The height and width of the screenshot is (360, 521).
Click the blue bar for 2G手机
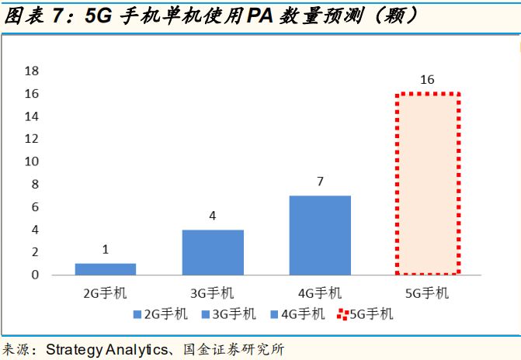pos(106,269)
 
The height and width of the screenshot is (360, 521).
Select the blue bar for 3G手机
pos(213,252)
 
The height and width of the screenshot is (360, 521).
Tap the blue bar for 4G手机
pos(320,235)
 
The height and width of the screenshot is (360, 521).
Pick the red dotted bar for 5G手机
pos(427,184)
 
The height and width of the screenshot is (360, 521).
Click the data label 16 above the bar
pos(427,80)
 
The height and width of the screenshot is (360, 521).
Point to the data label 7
pos(320,182)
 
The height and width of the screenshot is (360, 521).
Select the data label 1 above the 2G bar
pos(106,250)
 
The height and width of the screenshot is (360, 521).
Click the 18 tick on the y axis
pos(32,71)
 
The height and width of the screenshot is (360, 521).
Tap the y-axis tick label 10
pos(32,161)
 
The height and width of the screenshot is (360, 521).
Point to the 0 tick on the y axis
pos(35,275)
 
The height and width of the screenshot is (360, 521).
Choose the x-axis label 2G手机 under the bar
pos(106,293)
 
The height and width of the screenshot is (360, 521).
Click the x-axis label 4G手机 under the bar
pos(320,293)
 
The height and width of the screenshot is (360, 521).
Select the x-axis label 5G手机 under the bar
pos(427,293)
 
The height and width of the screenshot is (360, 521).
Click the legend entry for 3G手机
pos(229,314)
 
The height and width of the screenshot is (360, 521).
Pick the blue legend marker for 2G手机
pos(137,314)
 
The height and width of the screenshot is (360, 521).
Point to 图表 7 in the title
pos(34,16)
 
